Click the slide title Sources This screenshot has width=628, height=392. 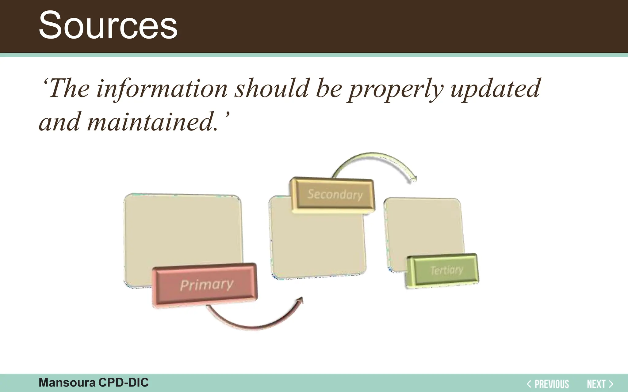click(x=108, y=25)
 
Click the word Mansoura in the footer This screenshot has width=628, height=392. click(x=67, y=383)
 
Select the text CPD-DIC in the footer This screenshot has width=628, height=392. click(x=123, y=383)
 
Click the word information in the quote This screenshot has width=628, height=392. click(x=162, y=89)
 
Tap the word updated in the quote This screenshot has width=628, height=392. click(x=495, y=89)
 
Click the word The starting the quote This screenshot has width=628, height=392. click(x=69, y=89)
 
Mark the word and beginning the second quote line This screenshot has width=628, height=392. click(x=60, y=122)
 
